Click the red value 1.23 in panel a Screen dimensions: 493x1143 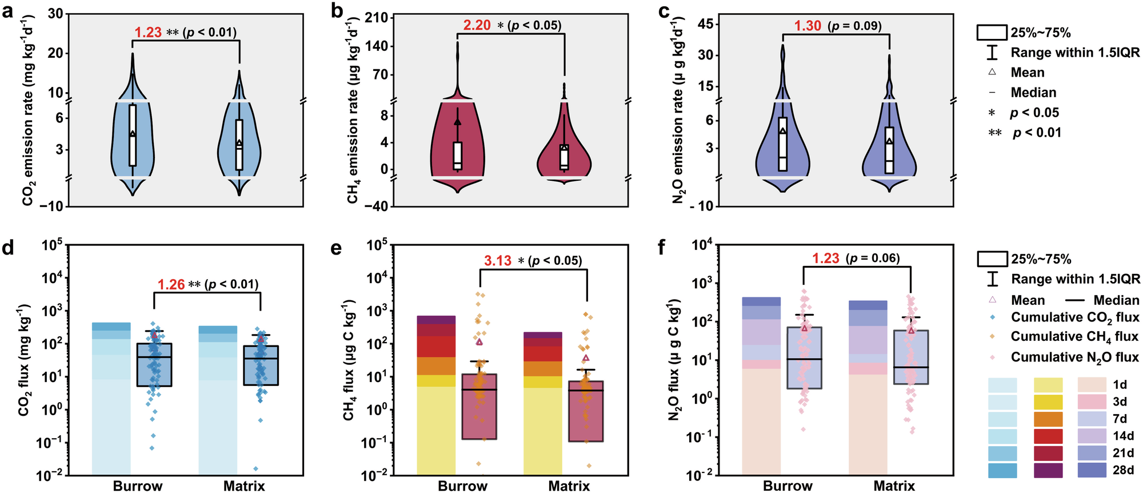[148, 32]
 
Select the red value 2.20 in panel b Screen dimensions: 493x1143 [477, 25]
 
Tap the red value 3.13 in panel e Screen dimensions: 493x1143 [498, 261]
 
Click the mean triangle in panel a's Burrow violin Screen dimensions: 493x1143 [133, 134]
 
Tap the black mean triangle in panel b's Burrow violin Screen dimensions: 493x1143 [457, 122]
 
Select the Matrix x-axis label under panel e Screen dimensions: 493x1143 [569, 486]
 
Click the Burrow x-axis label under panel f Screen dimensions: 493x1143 [788, 486]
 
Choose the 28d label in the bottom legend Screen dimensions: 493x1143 [1123, 470]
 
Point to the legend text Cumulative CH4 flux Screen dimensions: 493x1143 [1074, 337]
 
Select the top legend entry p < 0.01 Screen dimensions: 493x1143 [1037, 133]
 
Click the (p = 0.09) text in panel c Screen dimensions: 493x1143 [855, 26]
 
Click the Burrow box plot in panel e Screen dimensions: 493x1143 [479, 406]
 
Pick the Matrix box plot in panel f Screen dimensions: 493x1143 [911, 357]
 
